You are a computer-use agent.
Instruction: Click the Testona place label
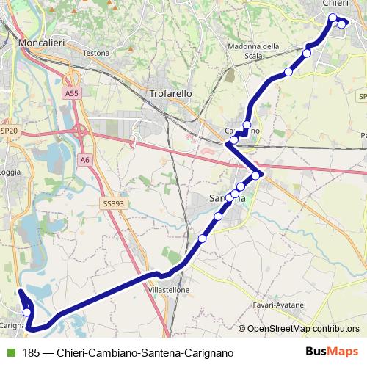click(x=96, y=54)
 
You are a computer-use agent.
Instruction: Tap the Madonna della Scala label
click(x=254, y=51)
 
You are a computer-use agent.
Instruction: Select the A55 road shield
click(x=71, y=93)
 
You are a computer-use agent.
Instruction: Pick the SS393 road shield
click(x=112, y=203)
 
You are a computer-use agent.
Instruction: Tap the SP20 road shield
click(x=9, y=131)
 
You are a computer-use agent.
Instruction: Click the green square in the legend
click(x=10, y=353)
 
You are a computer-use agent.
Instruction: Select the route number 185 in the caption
click(x=32, y=353)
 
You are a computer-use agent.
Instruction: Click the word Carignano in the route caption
click(x=208, y=353)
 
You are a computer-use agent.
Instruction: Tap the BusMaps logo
click(x=333, y=352)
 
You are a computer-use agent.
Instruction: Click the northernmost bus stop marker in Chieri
click(x=333, y=18)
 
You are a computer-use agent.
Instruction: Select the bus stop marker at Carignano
click(x=27, y=313)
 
